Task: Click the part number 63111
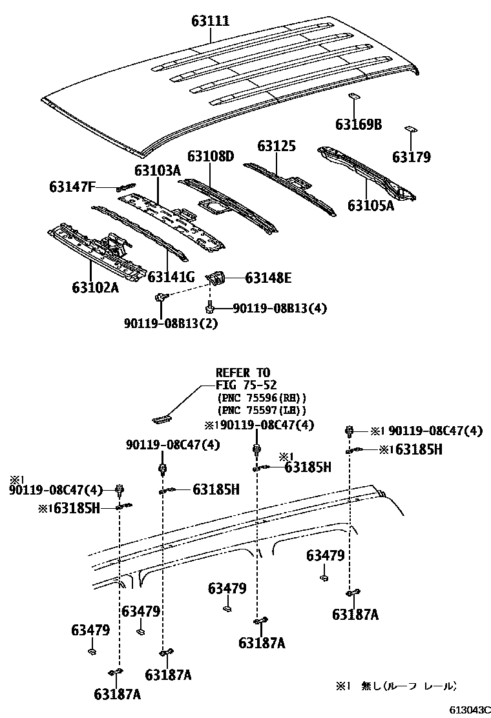(210, 21)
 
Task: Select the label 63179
(411, 157)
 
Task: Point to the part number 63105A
(371, 205)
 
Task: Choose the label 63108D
(211, 156)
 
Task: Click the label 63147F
(72, 187)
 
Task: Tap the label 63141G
(171, 277)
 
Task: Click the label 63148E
(268, 278)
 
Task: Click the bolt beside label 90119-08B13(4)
(209, 306)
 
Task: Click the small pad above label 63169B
(353, 97)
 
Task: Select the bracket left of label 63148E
(218, 278)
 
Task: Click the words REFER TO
(242, 373)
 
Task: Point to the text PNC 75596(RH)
(262, 398)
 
